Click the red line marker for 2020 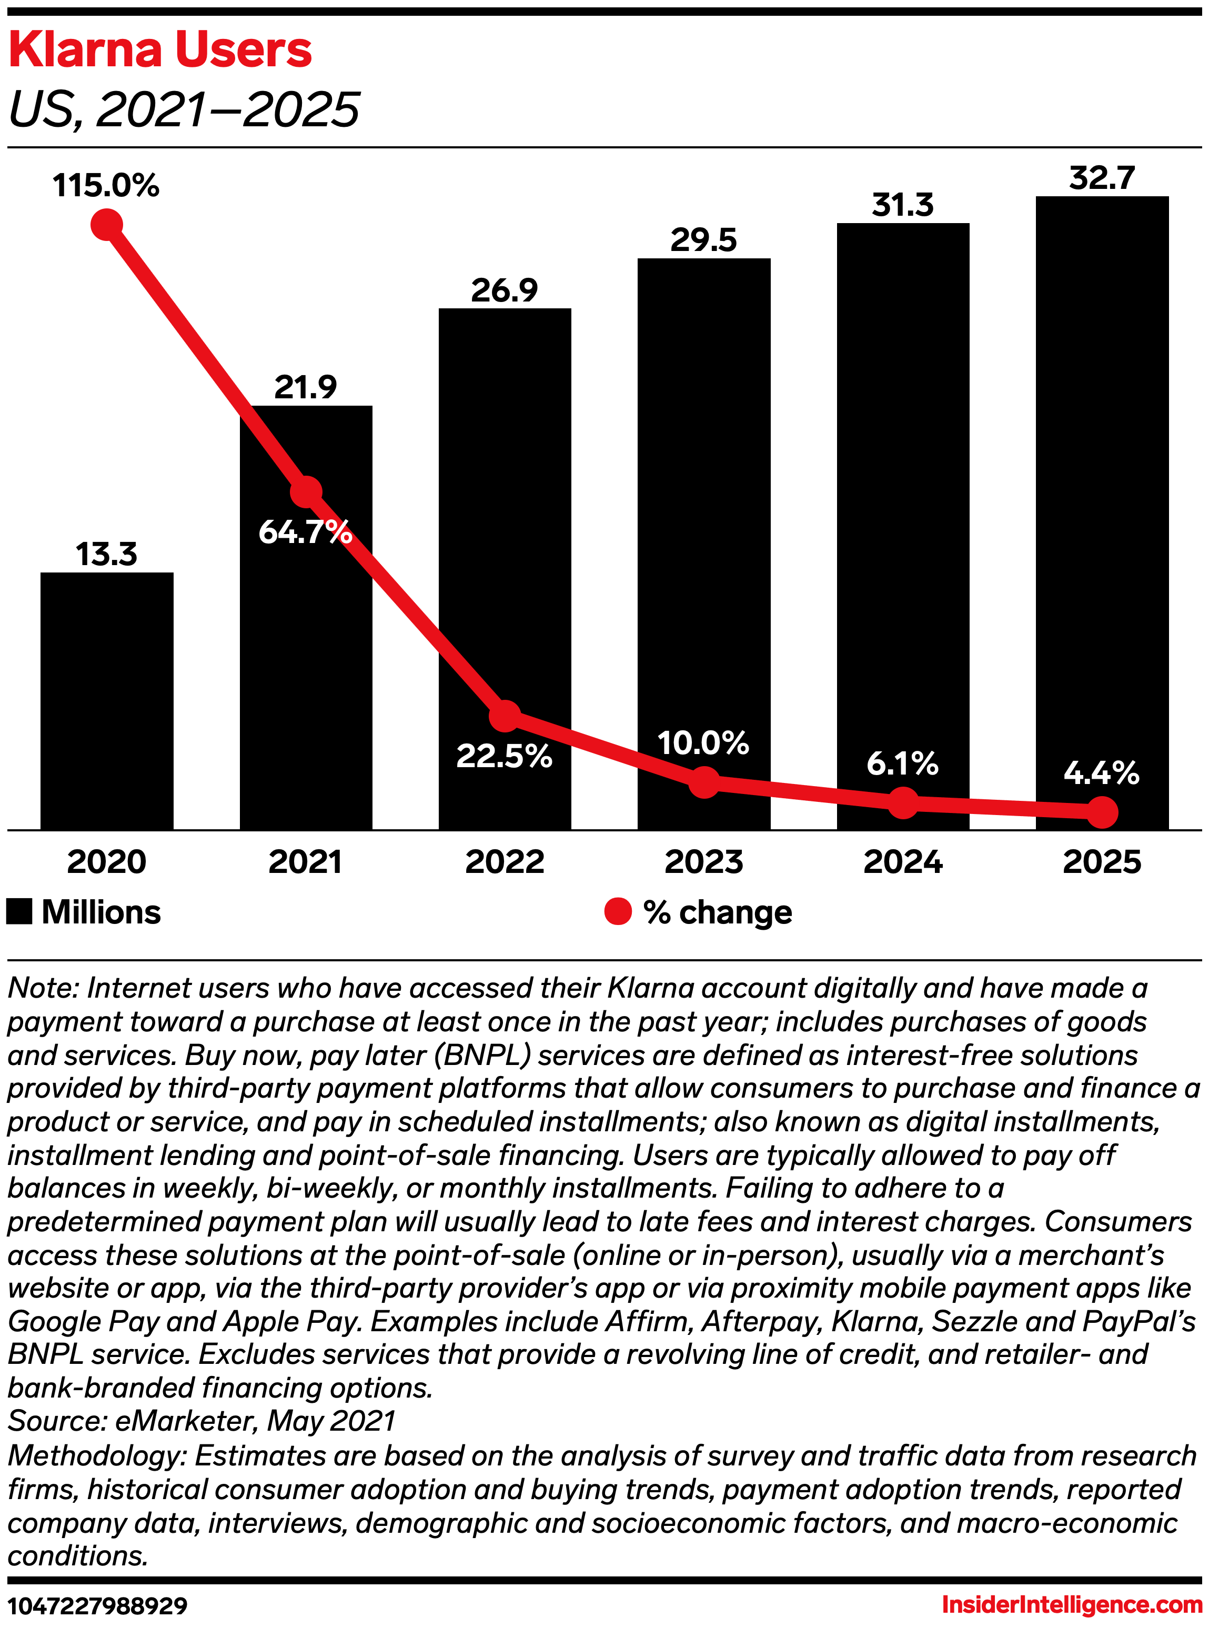click(x=107, y=224)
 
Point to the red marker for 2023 click(x=703, y=782)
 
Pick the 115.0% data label click(x=106, y=185)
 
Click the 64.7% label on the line click(x=305, y=531)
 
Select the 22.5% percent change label click(x=504, y=756)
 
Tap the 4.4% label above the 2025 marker click(x=1102, y=773)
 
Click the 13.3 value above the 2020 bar click(x=107, y=554)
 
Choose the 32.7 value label click(x=1102, y=178)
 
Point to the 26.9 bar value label click(x=504, y=290)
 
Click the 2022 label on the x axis click(x=504, y=861)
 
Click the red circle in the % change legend click(x=618, y=911)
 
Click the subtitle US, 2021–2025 click(x=184, y=110)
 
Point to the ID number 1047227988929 click(x=98, y=1606)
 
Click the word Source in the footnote click(x=55, y=1421)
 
